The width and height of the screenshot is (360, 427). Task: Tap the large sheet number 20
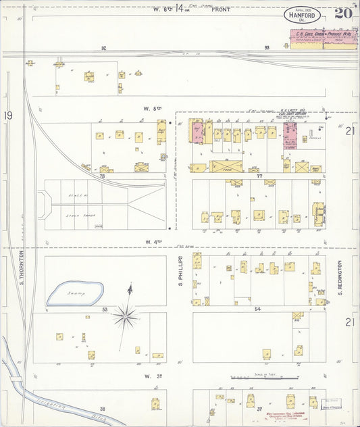[342, 14]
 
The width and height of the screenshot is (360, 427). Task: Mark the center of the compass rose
[126, 315]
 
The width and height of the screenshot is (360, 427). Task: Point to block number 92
[104, 48]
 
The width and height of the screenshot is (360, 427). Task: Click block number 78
[104, 176]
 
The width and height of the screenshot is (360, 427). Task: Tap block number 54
[257, 308]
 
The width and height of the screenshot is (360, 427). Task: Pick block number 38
[103, 409]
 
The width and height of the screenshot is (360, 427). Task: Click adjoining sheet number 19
[7, 116]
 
